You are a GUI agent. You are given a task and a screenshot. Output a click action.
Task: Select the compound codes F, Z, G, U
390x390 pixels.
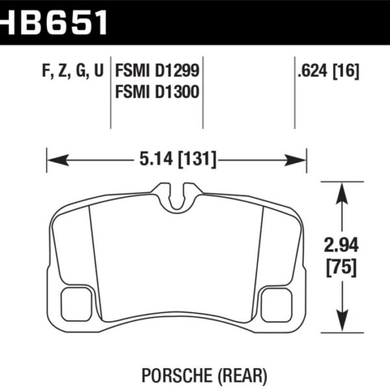(71, 71)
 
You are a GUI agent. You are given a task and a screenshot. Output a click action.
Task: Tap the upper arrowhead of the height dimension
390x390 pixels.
(341, 189)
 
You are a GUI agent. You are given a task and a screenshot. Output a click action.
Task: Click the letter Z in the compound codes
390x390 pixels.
(64, 71)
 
